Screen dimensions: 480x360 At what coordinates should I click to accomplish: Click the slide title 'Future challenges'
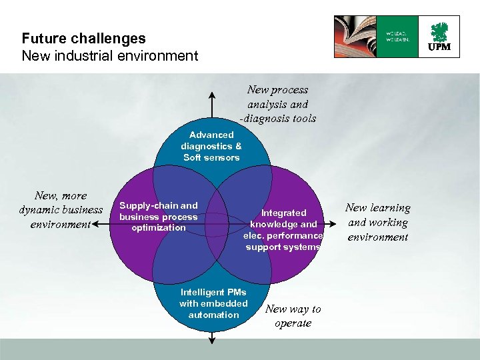coord(83,39)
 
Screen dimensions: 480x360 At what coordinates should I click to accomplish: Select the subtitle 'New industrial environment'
coord(110,55)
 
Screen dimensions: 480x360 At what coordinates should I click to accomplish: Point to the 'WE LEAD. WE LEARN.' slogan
coord(397,36)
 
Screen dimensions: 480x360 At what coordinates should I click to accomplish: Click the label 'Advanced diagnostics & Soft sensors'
coord(211,146)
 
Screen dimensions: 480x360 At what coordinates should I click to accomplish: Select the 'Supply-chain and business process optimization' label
coord(159,217)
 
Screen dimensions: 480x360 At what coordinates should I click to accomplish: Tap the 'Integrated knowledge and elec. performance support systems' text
coord(283,229)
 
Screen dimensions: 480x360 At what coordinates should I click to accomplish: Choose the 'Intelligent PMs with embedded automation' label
coord(213,303)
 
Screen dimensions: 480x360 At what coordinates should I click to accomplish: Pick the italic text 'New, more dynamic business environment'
coord(61,209)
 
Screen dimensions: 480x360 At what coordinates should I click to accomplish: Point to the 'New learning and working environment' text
coord(378,222)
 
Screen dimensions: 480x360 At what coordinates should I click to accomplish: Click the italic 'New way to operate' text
coord(293,316)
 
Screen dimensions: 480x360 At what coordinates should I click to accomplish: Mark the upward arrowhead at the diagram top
coord(212,91)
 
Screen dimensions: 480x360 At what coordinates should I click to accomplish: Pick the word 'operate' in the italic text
coord(293,323)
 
